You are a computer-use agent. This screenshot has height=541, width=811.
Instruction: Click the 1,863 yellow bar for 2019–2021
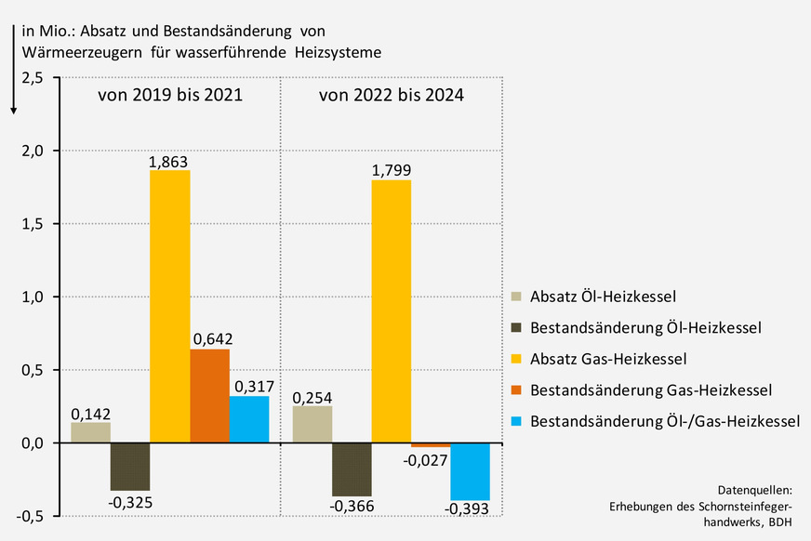[169, 307]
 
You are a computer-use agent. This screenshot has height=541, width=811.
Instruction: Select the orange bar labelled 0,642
[209, 396]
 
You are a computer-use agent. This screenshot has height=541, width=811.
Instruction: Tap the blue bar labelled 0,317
[248, 419]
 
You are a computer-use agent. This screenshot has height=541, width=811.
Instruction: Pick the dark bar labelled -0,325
[130, 467]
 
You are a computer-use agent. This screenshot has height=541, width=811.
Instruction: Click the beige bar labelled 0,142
[90, 432]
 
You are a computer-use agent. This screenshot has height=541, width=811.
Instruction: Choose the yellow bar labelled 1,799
[391, 311]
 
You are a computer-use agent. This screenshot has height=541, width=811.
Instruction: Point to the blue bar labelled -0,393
[470, 471]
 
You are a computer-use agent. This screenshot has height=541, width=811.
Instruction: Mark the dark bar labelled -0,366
[352, 469]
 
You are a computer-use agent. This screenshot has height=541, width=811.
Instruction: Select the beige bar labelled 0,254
[312, 424]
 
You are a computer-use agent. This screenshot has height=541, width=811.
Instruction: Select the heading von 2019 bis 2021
[170, 95]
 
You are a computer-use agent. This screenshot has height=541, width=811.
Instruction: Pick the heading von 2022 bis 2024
[392, 95]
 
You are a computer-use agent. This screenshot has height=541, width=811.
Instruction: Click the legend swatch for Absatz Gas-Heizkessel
[517, 359]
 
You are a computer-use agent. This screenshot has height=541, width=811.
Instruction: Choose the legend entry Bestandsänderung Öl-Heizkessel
[645, 328]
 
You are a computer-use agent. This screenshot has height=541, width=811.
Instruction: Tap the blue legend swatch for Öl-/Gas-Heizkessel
[517, 421]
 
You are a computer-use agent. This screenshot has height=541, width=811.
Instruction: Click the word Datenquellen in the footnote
[755, 489]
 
